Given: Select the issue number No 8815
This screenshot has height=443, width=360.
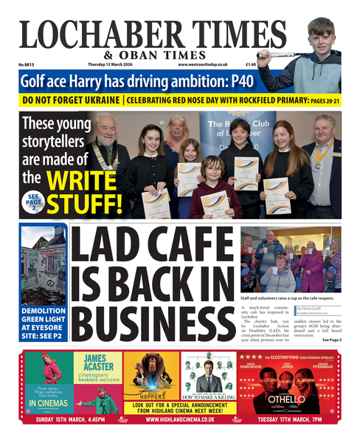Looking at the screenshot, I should click(x=28, y=65).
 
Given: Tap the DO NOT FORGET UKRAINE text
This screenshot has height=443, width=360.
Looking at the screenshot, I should click(x=70, y=100).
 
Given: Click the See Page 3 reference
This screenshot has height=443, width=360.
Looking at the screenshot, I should click(x=330, y=340).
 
